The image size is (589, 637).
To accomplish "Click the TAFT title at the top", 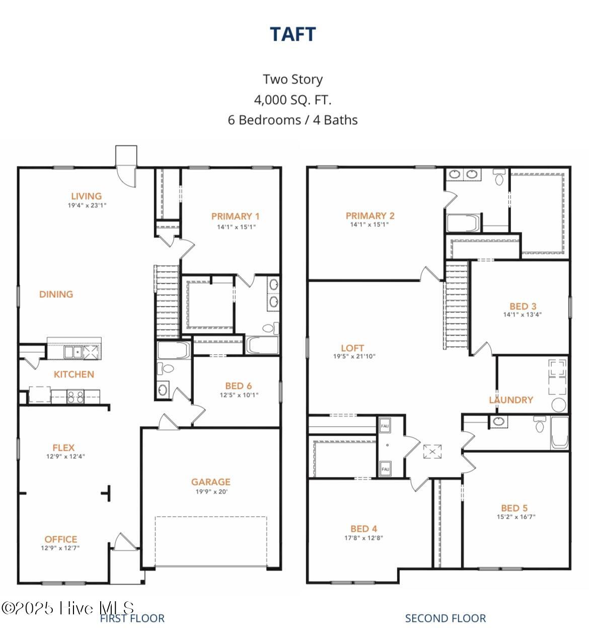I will [292, 34].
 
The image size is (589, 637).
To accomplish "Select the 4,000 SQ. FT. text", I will [292, 100].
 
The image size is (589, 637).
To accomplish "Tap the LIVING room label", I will [86, 196].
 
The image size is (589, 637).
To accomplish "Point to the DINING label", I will [56, 294].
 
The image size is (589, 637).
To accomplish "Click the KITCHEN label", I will [74, 374].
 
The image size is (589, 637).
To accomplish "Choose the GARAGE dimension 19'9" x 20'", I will [211, 492].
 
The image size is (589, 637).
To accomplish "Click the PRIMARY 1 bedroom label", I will [235, 216].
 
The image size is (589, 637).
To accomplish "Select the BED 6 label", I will [238, 386].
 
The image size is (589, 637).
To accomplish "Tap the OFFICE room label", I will [60, 539].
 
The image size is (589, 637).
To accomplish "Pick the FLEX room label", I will [63, 447].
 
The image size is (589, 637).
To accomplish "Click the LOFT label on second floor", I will [352, 348].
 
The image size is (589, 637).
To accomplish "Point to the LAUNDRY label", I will [511, 400].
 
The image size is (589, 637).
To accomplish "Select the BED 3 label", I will [523, 306].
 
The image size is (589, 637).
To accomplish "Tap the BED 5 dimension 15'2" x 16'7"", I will [516, 517].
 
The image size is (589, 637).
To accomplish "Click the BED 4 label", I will [363, 528].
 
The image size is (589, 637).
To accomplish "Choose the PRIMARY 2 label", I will [370, 216].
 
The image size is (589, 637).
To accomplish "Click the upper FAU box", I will [385, 426].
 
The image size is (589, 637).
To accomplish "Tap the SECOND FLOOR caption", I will [446, 618].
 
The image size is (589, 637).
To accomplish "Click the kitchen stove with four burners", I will [76, 396].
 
